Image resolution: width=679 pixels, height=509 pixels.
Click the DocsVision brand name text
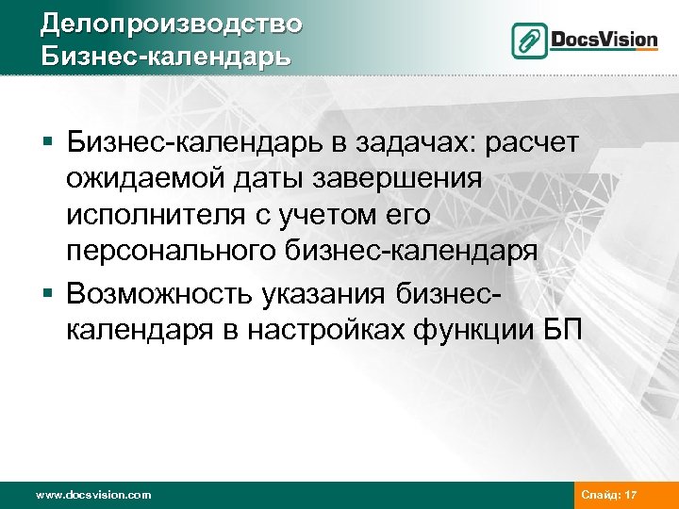point(604,40)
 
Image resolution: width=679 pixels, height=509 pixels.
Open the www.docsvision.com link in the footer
point(91,493)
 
